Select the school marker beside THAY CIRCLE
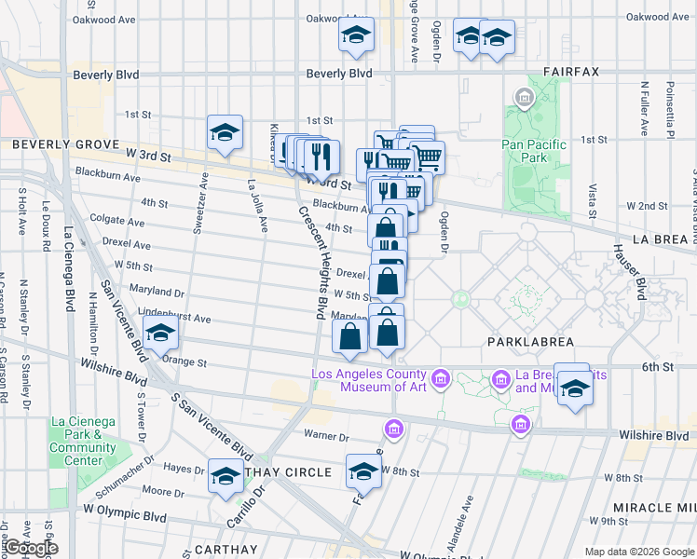point(225,476)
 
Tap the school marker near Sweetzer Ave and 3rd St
point(225,133)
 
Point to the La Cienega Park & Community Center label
point(83,441)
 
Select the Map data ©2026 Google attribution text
point(638,552)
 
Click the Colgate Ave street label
point(117,223)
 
